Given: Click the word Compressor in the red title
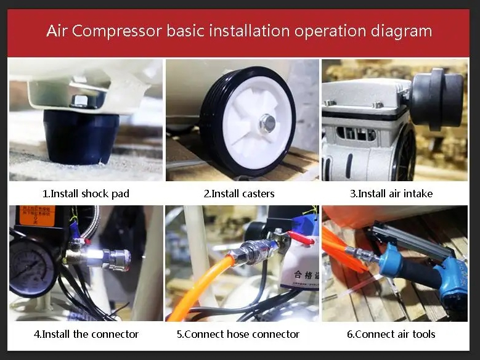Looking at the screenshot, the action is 116,31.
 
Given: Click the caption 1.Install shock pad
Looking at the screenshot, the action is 86,194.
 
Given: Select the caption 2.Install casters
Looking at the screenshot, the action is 239,194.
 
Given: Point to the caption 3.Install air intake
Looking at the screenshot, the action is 391,194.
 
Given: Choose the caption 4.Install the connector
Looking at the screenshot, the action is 86,334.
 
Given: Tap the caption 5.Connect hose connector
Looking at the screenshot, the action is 238,334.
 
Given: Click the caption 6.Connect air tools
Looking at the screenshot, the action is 391,334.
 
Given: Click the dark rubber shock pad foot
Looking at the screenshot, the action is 81,136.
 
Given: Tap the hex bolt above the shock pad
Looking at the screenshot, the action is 80,100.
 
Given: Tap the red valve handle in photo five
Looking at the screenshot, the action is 301,238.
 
